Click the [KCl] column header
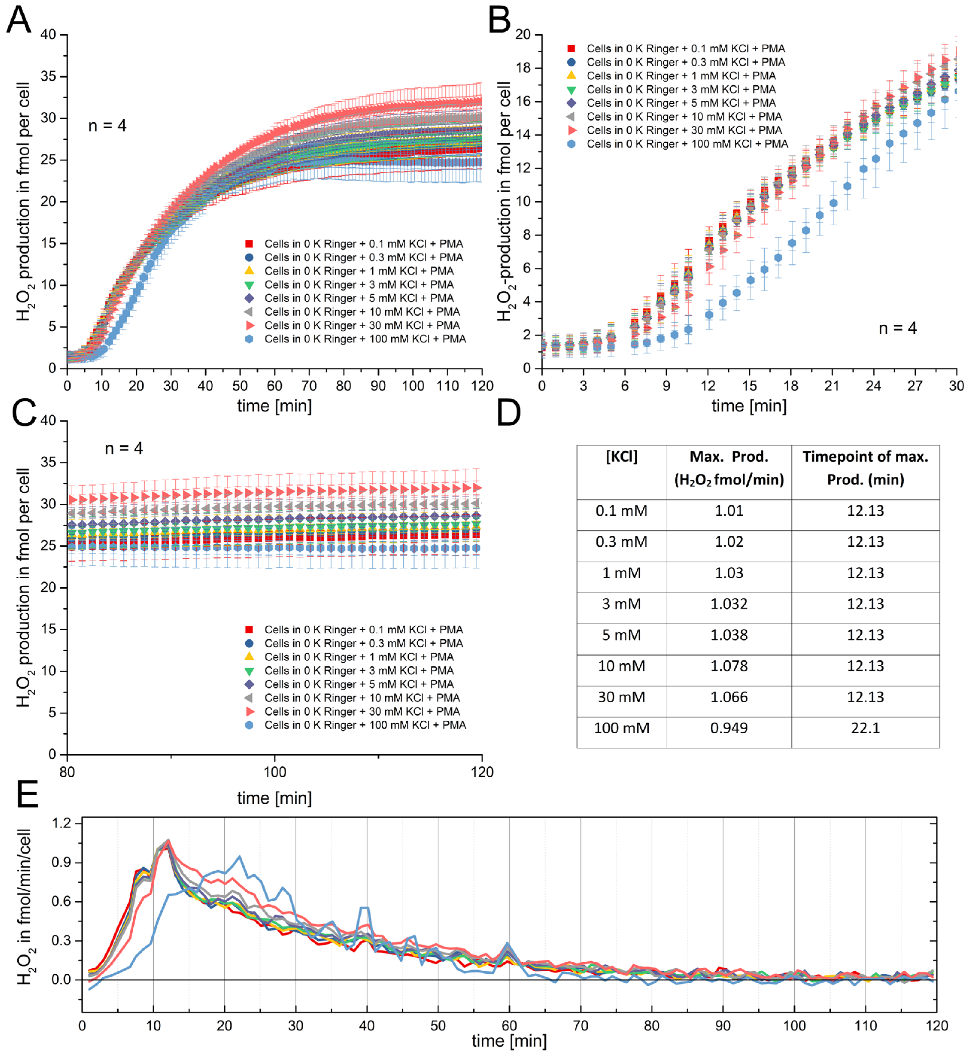point(621,457)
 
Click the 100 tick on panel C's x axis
point(274,772)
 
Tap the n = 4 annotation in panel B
point(897,328)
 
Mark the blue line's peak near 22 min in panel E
point(240,857)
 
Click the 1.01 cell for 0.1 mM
point(729,510)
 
